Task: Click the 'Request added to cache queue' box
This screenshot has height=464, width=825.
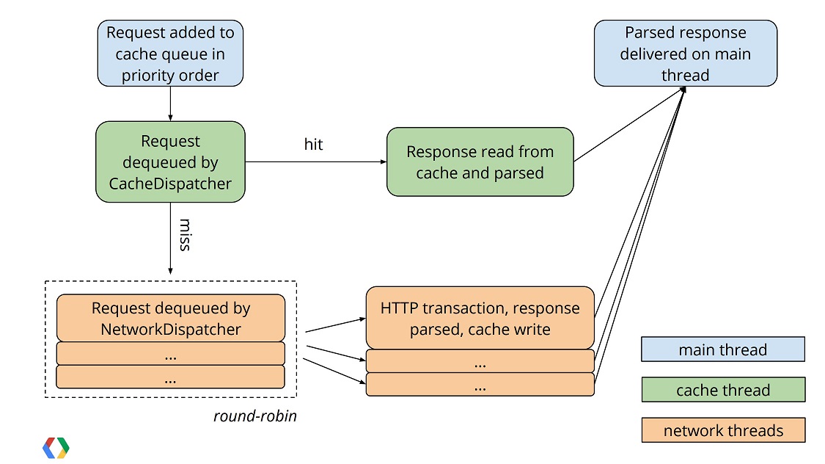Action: (x=170, y=53)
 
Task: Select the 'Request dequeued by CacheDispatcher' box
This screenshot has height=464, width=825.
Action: (x=170, y=162)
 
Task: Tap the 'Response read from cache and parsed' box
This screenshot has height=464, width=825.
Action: (x=480, y=162)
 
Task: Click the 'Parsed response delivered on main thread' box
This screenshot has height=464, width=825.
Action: (x=685, y=53)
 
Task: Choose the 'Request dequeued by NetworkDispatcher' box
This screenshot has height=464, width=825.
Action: (x=170, y=318)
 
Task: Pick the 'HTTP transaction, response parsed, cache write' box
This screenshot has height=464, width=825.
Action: (x=480, y=318)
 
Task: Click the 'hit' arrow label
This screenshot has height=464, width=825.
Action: (x=313, y=145)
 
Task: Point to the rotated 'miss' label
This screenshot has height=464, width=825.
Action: (x=185, y=235)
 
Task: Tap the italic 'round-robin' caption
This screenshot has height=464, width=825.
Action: (x=254, y=416)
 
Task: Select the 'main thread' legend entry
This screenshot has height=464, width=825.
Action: (x=723, y=349)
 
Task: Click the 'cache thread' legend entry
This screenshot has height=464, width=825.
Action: (x=723, y=390)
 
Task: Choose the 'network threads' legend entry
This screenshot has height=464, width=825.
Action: (x=723, y=430)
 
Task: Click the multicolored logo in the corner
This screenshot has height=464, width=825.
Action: (x=56, y=448)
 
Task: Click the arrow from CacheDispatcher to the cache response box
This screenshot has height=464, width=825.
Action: (x=315, y=162)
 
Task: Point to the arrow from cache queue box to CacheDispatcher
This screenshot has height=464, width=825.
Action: (x=170, y=104)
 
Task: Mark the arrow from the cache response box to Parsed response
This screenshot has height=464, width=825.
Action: (x=629, y=124)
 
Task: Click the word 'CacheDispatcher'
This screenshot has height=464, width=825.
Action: (x=170, y=184)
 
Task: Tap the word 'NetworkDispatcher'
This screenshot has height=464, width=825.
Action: (x=170, y=329)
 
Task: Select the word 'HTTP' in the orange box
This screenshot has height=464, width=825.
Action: (x=399, y=308)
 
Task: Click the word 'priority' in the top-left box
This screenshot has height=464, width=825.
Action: (x=147, y=76)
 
